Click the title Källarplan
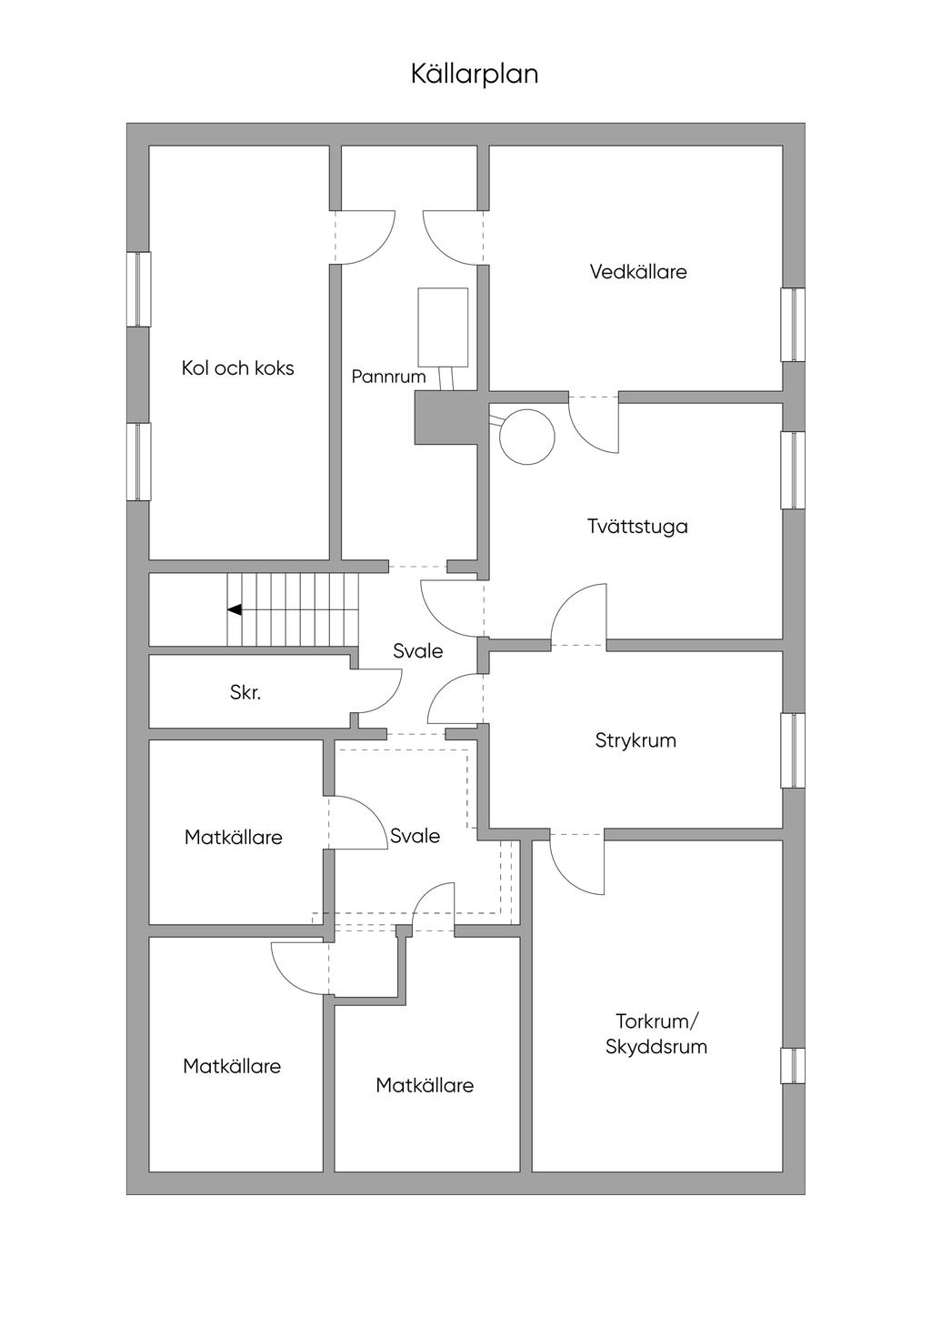tap(474, 74)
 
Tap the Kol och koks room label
tap(237, 368)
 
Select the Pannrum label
tap(388, 377)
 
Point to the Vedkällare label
tap(637, 272)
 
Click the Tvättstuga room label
tap(636, 527)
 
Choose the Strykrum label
tap(636, 740)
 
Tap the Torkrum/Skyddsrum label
tap(656, 1033)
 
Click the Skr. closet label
tap(245, 693)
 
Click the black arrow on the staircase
tap(234, 610)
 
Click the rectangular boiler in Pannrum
tap(443, 327)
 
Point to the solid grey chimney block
tap(445, 418)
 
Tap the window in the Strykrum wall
tap(793, 750)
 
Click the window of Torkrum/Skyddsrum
tap(793, 1065)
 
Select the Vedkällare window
tap(793, 325)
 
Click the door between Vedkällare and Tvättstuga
tap(595, 422)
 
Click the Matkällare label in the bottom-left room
tap(232, 1066)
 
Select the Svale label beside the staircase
tap(417, 651)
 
